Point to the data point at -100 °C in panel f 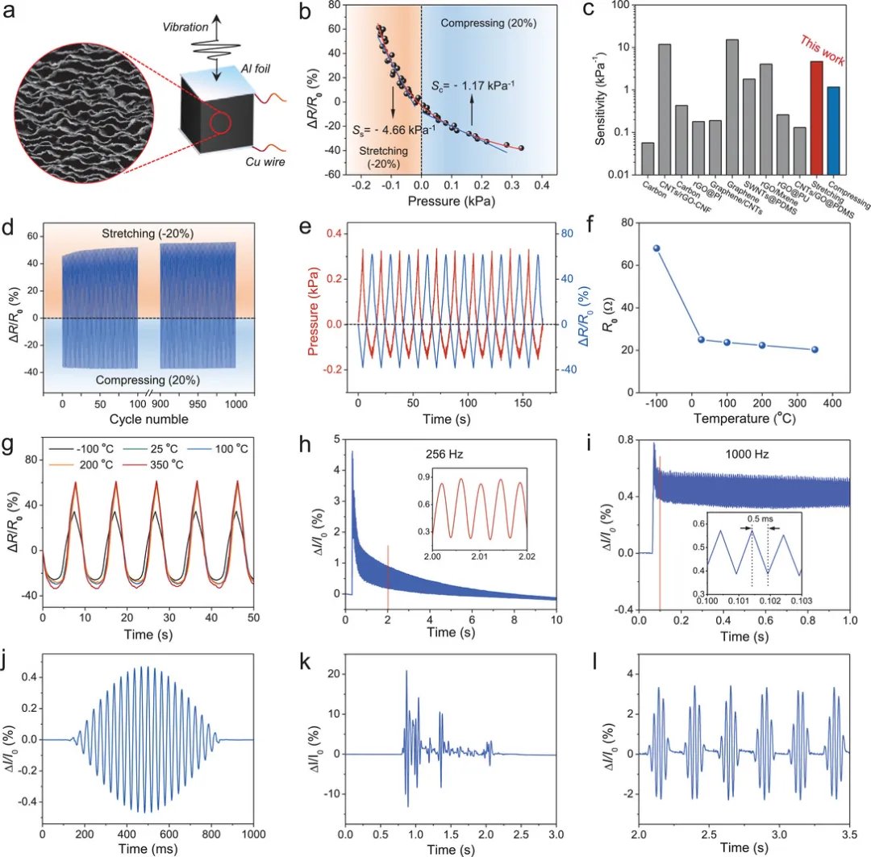(x=657, y=248)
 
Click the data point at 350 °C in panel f (x=815, y=350)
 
